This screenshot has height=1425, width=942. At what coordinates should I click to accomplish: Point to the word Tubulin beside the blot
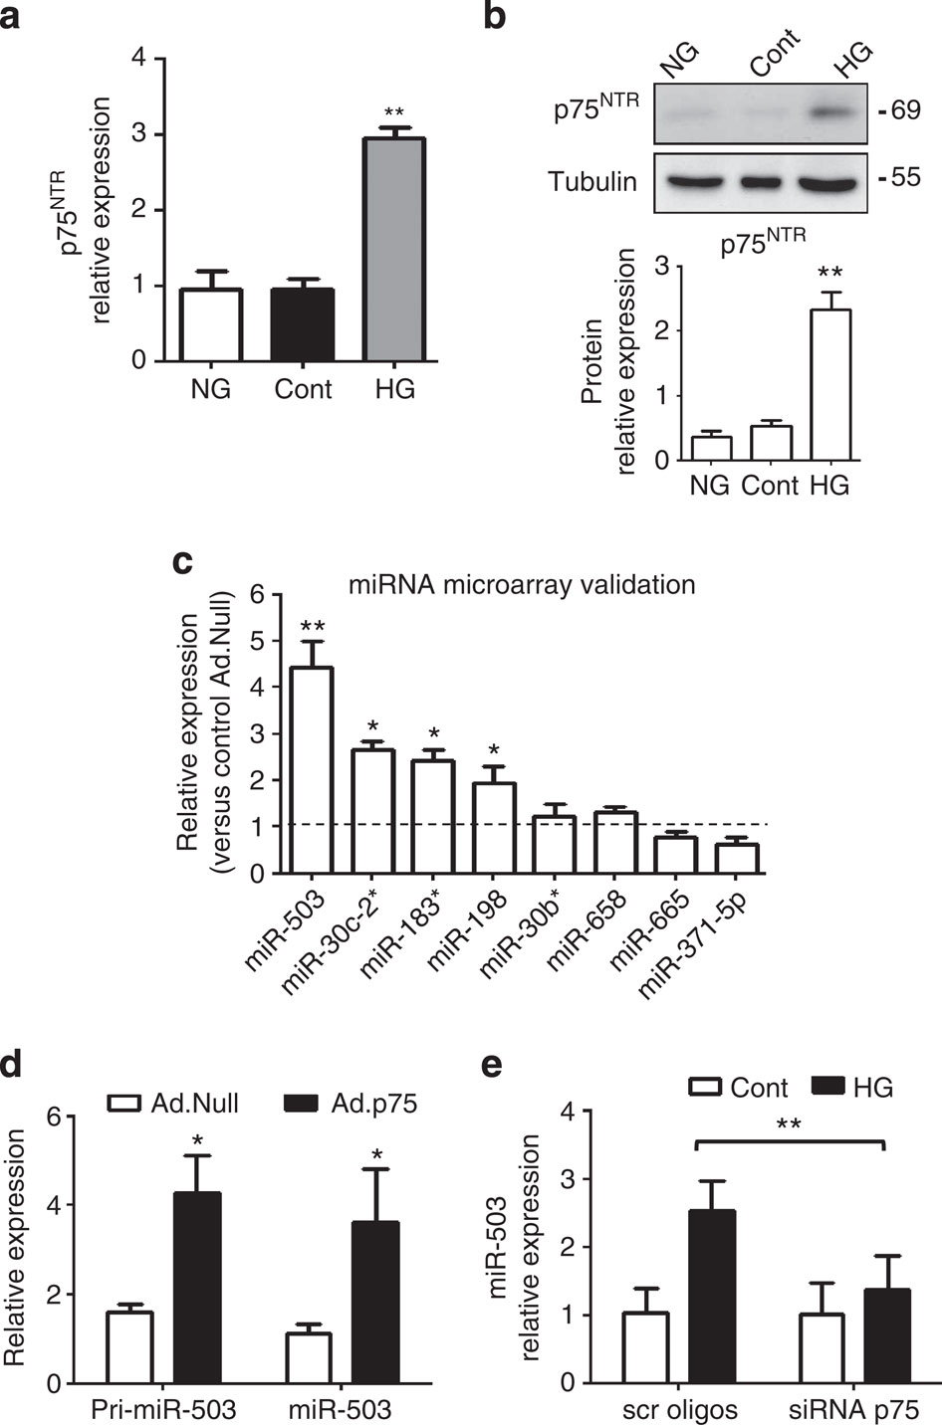(593, 181)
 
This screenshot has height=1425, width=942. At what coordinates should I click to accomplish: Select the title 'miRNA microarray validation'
(522, 584)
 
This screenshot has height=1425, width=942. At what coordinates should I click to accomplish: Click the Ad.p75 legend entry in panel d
(349, 1104)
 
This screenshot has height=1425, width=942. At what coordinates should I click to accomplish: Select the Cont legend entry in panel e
(738, 1088)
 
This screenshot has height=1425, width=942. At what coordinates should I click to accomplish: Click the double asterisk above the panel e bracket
(789, 1124)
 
